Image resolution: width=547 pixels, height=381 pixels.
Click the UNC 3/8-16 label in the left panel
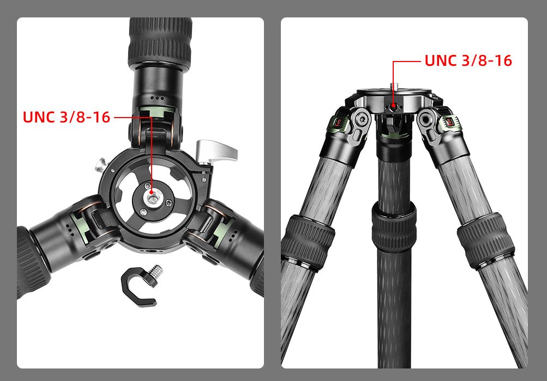coord(67,117)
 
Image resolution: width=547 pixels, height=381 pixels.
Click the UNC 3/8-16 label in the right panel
coord(468,60)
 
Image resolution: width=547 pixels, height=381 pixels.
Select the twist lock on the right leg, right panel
coord(485,240)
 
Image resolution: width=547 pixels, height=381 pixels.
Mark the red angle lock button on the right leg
coord(449,123)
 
